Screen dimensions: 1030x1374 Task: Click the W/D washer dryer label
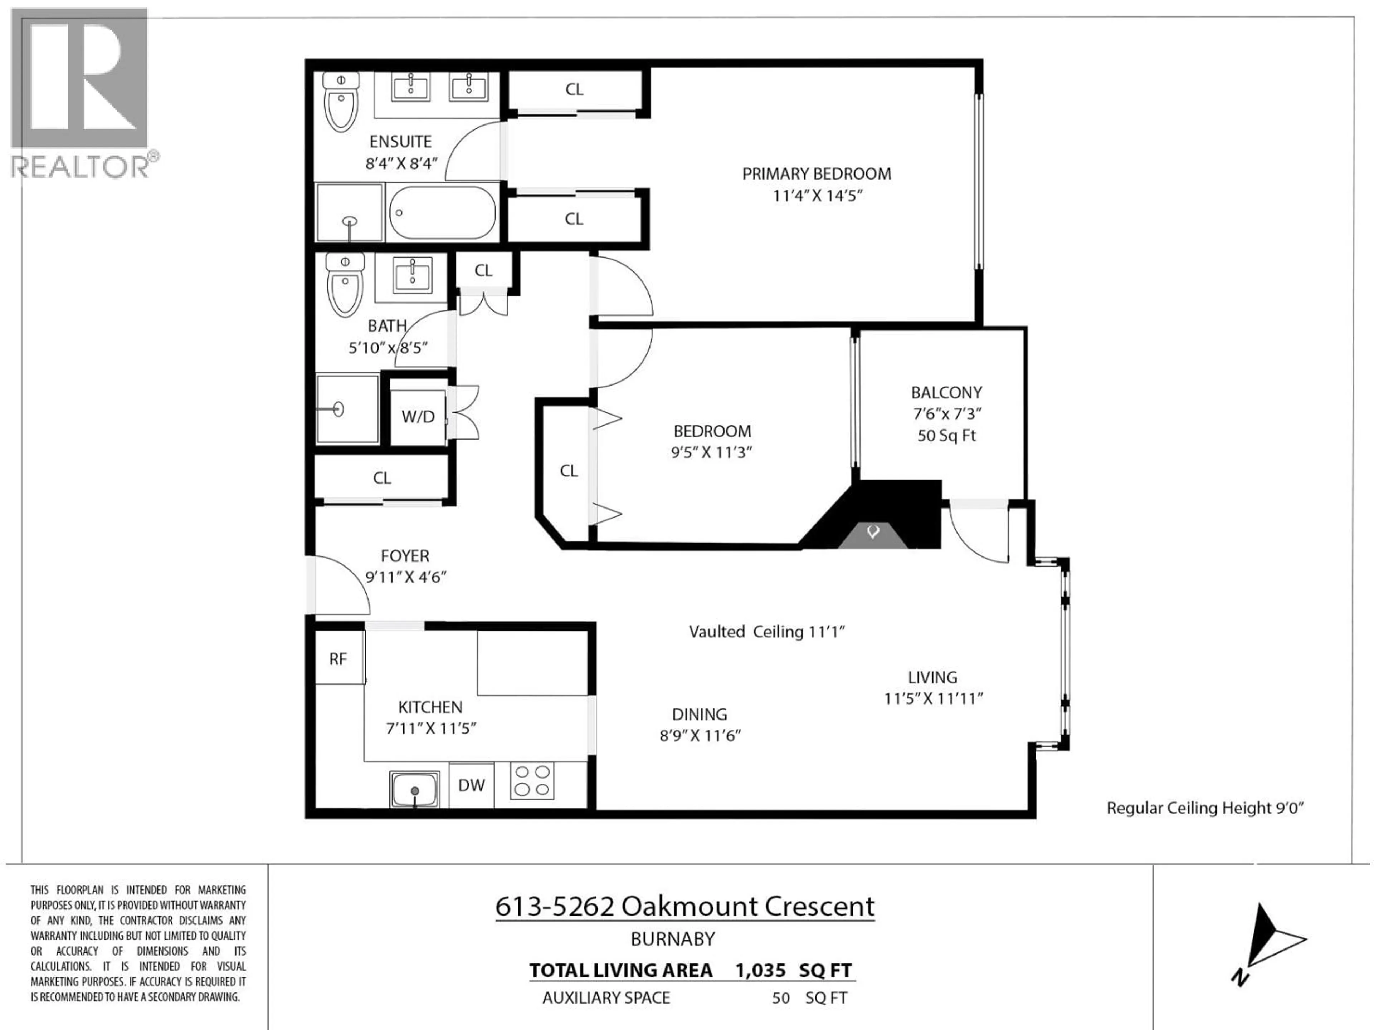pyautogui.click(x=418, y=417)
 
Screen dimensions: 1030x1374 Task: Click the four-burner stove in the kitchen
pyautogui.click(x=532, y=781)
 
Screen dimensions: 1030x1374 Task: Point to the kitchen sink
pyautogui.click(x=414, y=789)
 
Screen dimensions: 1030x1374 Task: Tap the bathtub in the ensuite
pyautogui.click(x=442, y=213)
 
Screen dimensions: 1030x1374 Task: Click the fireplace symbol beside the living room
pyautogui.click(x=873, y=532)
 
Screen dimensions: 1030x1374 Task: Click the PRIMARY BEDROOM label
pyautogui.click(x=816, y=174)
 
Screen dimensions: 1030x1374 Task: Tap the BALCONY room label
pyautogui.click(x=946, y=392)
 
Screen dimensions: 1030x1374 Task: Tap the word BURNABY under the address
pyautogui.click(x=673, y=939)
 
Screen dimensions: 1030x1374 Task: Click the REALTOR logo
pyautogui.click(x=81, y=93)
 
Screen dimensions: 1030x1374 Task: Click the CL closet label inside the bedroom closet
pyautogui.click(x=568, y=471)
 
